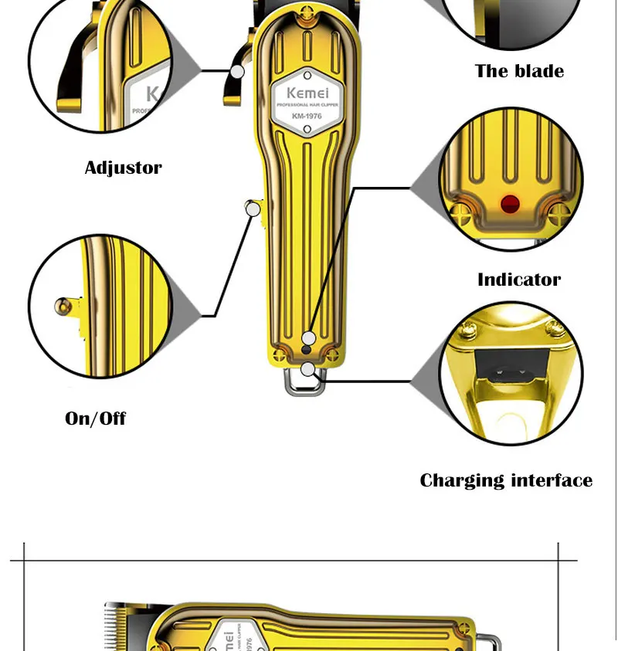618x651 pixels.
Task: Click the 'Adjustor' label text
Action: pos(123,168)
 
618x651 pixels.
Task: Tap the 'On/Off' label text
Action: pos(95,419)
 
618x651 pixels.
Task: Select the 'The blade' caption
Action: pos(519,71)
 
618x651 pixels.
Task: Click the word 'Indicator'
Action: pos(519,280)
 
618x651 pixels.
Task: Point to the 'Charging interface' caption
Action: pos(506,480)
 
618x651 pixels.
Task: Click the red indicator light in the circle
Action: pos(510,204)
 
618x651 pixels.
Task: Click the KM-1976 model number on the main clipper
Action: pos(307,117)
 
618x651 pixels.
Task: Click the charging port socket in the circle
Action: pos(511,376)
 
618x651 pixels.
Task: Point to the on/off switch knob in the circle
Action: pos(62,307)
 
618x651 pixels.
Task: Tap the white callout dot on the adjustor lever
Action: pos(238,71)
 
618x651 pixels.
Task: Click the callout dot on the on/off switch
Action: pos(252,208)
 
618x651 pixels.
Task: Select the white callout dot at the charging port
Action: pos(307,369)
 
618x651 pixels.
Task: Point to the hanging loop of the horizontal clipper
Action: pos(487,642)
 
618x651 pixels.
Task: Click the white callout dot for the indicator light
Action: pos(307,338)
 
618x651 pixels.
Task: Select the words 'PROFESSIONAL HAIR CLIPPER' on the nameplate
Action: pos(307,104)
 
